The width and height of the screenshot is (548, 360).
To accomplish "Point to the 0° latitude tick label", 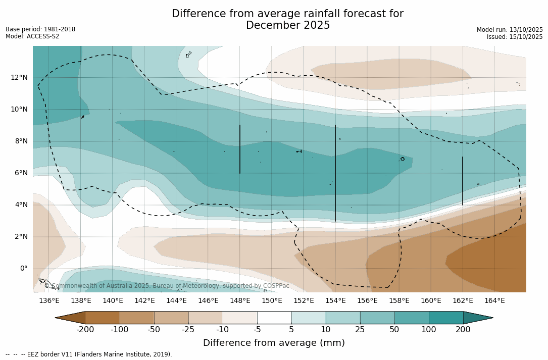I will tap(23, 268).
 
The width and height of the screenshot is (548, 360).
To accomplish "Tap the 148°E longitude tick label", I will tap(240, 300).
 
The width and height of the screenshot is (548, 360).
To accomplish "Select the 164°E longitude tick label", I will tap(494, 300).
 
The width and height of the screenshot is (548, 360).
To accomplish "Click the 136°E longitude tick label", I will tap(49, 300).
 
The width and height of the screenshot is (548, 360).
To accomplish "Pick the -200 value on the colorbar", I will tap(85, 330).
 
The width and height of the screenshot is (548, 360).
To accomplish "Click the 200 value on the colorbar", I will tap(463, 330).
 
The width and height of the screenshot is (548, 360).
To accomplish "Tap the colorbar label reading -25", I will tap(188, 330).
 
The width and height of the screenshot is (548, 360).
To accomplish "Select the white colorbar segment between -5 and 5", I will tap(274, 318).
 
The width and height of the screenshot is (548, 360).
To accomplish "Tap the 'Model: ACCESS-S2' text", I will tap(32, 36).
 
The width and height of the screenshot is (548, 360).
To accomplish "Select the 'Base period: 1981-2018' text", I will tap(40, 29).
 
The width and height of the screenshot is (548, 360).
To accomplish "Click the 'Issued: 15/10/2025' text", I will tap(515, 37).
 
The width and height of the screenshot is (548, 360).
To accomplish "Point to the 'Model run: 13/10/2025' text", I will tap(510, 30).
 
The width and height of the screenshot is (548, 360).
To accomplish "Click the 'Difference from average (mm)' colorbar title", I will tap(274, 343).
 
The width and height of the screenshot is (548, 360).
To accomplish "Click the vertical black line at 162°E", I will tap(463, 181).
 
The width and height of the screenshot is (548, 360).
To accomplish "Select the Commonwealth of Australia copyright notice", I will tap(167, 286).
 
